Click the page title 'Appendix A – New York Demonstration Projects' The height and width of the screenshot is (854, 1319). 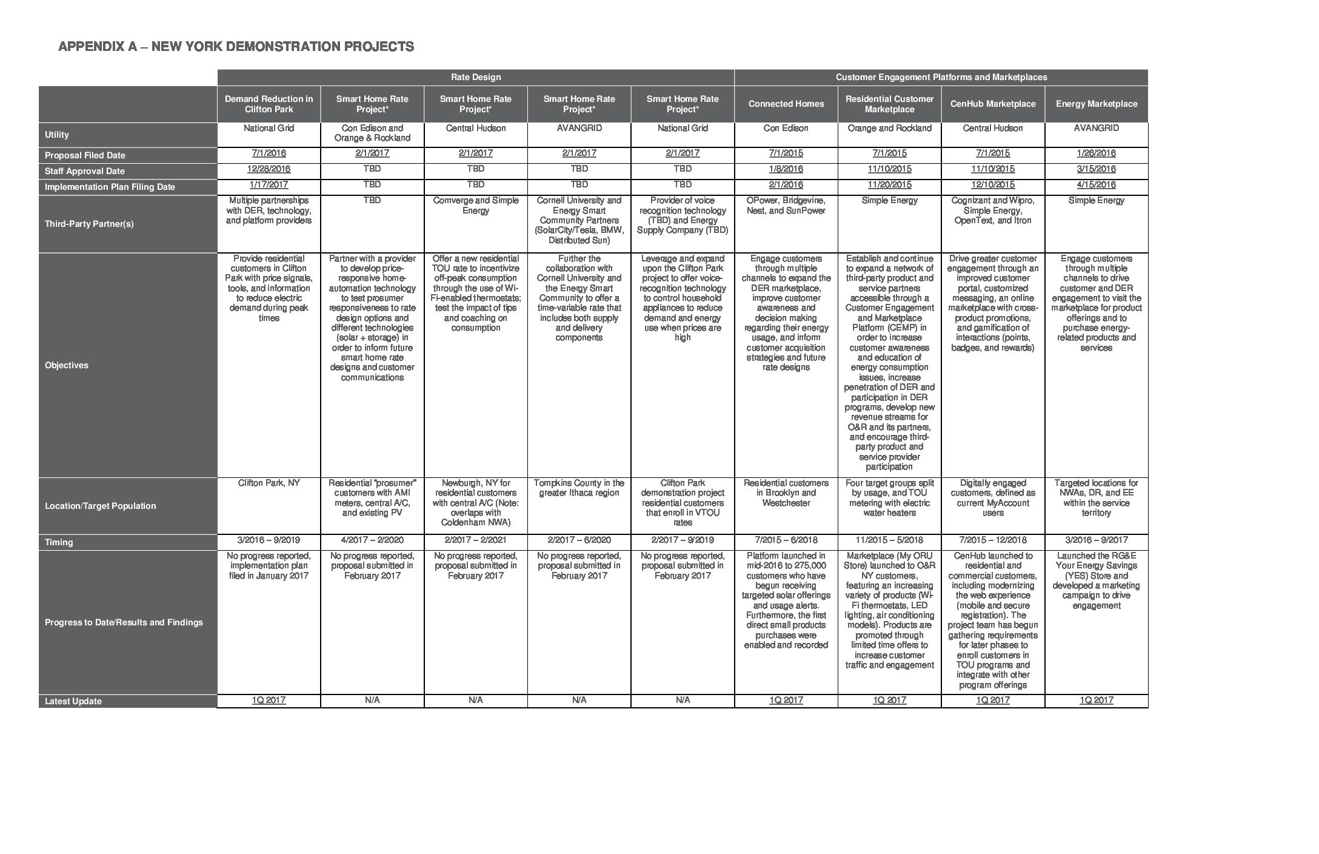pos(236,47)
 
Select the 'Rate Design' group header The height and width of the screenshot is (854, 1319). pos(475,77)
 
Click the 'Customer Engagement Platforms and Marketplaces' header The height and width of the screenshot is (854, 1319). pos(941,77)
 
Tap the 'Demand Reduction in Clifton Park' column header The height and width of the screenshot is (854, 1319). pos(269,104)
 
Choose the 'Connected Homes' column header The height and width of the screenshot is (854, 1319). pos(786,104)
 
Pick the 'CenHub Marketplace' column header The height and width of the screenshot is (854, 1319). pos(992,104)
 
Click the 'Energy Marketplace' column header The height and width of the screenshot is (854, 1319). pos(1096,104)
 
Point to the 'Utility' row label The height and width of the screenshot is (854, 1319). pos(57,135)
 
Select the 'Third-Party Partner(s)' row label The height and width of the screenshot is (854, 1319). pos(89,224)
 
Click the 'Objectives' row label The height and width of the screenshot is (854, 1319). pos(67,365)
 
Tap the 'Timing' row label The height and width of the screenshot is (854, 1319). pos(59,542)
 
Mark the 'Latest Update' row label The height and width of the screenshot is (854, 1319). pos(73,701)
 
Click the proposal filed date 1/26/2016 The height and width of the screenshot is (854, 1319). pos(1096,153)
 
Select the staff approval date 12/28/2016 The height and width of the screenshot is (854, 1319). pos(269,169)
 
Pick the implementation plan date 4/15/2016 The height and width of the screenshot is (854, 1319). pos(1096,185)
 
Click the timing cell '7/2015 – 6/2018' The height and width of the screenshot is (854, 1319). pos(786,540)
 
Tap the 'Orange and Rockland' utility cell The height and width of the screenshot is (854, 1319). pos(889,128)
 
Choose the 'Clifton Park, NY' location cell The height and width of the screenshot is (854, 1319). pos(269,483)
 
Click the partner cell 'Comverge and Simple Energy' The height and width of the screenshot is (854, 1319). pos(475,206)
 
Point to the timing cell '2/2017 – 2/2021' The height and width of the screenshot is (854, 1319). pos(475,540)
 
